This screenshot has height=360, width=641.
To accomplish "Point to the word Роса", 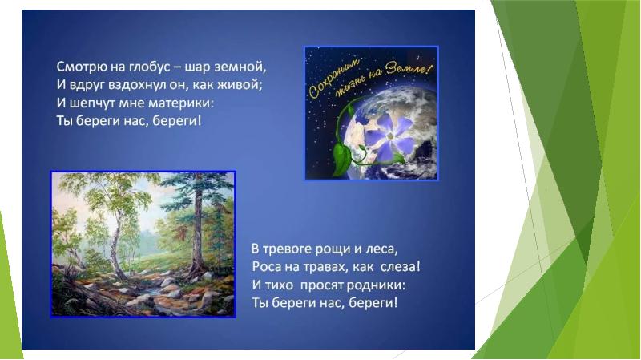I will point(268,266).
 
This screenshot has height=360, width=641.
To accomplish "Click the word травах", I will point(327,266).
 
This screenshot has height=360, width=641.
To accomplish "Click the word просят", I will point(322,285).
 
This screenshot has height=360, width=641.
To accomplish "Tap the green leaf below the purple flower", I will point(343,154).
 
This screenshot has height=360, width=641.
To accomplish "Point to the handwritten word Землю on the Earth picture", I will point(406,70).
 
